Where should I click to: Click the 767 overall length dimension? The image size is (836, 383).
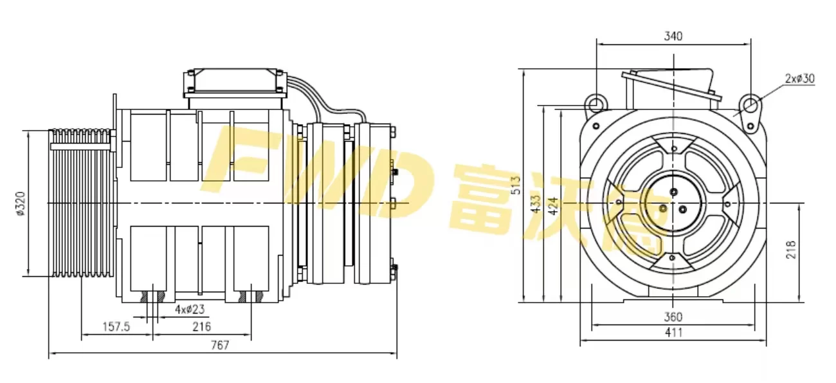221,345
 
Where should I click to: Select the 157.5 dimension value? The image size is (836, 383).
116,326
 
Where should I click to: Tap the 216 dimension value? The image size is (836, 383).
202,326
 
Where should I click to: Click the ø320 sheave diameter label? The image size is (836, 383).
19,203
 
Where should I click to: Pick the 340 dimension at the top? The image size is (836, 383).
673,36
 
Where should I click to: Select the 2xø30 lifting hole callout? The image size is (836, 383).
800,79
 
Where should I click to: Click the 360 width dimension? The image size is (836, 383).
673,317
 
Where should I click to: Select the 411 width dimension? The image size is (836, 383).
673,333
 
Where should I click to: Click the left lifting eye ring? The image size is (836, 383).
595,102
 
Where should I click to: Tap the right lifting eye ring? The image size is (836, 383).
750,102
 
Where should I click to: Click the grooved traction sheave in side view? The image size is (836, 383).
82,203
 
